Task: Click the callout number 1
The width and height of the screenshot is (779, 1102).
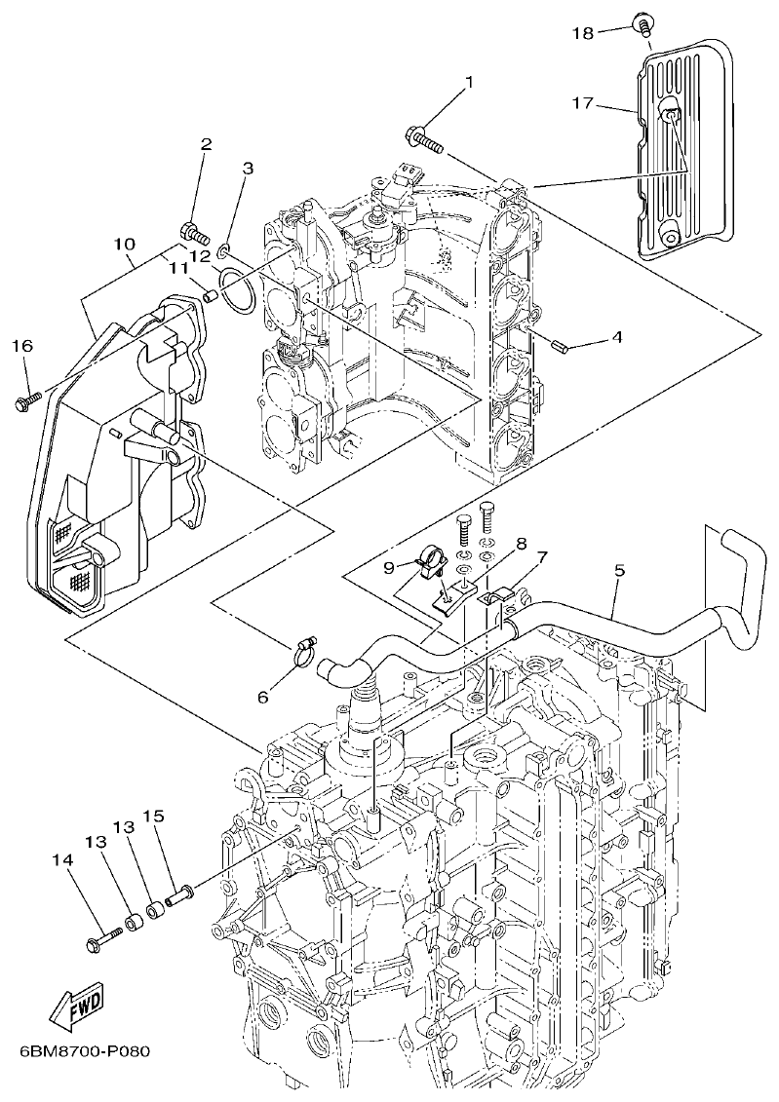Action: (468, 83)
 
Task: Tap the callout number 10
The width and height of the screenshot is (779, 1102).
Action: (123, 243)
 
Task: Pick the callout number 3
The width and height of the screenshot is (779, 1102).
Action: (220, 168)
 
